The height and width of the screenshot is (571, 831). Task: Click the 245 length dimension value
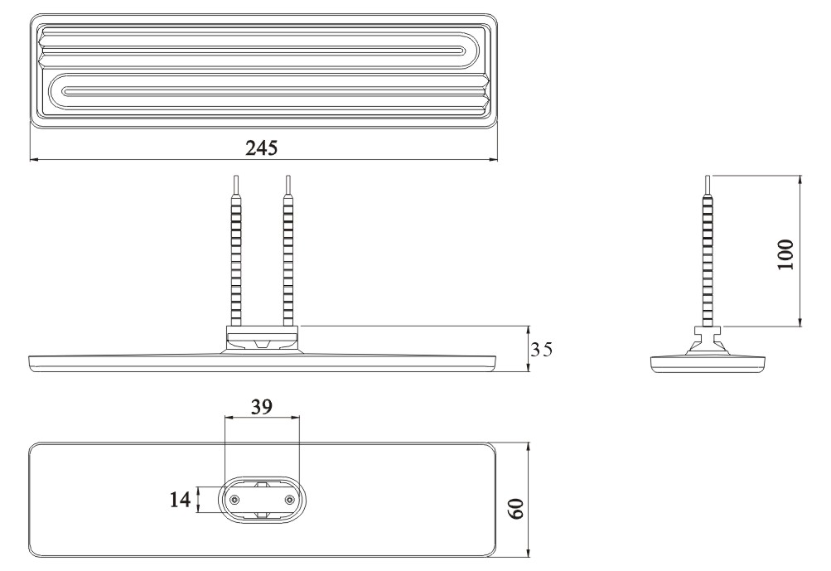point(261,148)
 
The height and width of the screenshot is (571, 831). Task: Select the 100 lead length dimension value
point(786,254)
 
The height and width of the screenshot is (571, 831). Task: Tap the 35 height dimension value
point(542,350)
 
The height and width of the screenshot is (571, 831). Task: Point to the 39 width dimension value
point(261,407)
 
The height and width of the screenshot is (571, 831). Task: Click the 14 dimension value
point(180,500)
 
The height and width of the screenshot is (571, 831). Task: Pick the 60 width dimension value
point(517,509)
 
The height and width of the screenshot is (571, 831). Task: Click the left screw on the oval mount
point(234,499)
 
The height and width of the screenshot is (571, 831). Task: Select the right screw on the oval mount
point(289,499)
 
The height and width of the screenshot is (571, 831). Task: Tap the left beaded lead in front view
point(236,251)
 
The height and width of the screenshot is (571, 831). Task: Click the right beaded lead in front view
point(287,251)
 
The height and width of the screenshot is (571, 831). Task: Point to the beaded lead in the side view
point(708,251)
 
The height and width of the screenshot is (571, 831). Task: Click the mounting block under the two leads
point(262,338)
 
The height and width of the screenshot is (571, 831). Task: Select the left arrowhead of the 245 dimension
point(34,158)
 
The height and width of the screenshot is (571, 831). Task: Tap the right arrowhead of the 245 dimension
point(493,158)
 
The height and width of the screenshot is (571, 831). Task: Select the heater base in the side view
point(708,363)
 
